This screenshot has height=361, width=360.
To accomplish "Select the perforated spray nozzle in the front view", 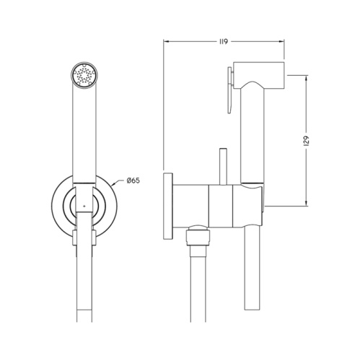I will pos(85,74).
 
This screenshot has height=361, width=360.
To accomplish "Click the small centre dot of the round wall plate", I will pos(84,206).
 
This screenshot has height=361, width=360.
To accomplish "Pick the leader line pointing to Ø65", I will pos(115,186).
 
